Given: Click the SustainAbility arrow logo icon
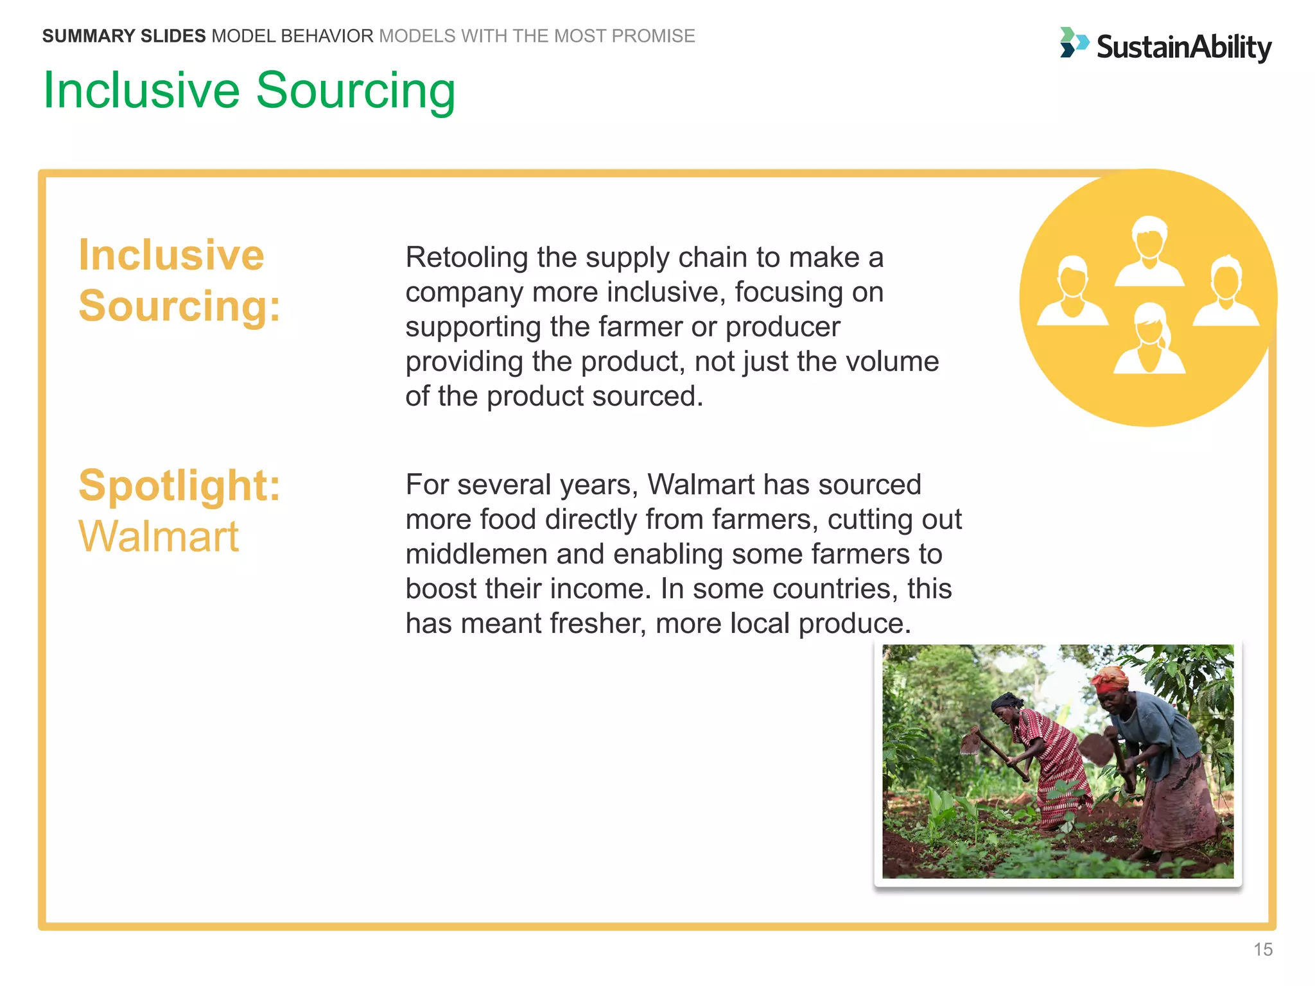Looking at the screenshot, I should click(x=1073, y=43).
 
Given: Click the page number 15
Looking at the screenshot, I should click(x=1262, y=949).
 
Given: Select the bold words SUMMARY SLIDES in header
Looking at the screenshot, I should click(x=124, y=36).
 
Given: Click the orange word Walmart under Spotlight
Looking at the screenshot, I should click(x=158, y=536).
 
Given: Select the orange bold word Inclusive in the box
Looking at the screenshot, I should click(x=171, y=255).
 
